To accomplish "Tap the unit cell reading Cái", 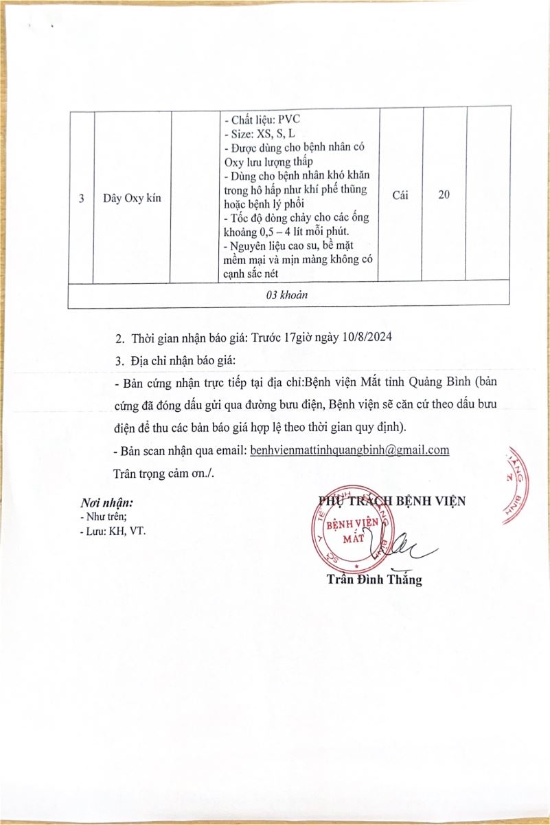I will tap(400, 195).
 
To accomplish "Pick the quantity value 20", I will tap(444, 195).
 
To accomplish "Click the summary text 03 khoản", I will tap(288, 294).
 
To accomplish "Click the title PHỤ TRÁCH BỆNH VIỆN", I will tap(392, 500).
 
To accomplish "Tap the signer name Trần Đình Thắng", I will tap(374, 580).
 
